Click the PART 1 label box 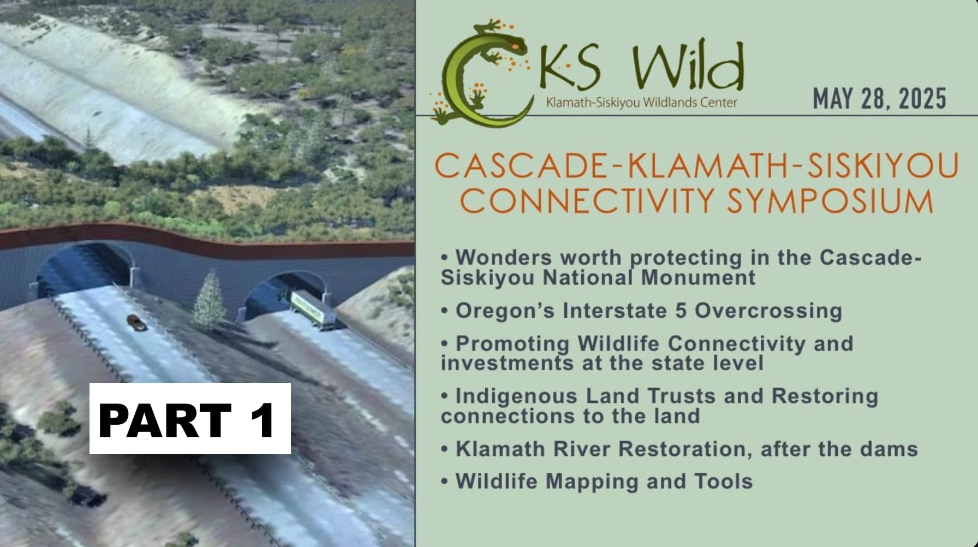190,419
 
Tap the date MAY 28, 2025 880,99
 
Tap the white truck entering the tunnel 313,310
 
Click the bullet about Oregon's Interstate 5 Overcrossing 641,311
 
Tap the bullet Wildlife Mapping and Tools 597,481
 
